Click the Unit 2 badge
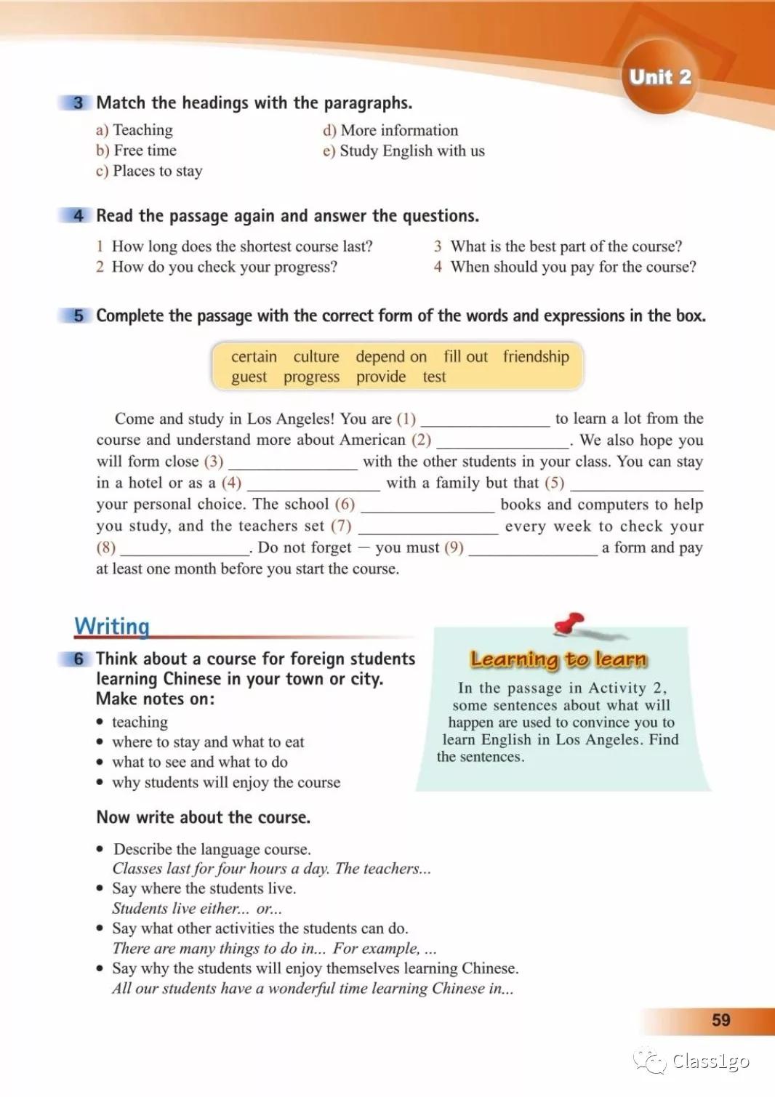pos(659,78)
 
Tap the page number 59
pos(720,1020)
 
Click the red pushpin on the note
pos(569,622)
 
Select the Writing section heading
pos(112,626)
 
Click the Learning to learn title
pos(558,659)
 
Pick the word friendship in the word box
pos(536,356)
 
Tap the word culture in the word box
pos(316,356)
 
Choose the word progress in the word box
pos(311,377)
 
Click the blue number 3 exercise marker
pos(78,103)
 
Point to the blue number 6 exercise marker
pos(78,659)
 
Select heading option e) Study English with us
pos(403,150)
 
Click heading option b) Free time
pos(136,150)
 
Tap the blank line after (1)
pos(485,420)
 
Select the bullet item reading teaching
pos(140,722)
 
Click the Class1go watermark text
pos(710,1062)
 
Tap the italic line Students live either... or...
pos(197,909)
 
